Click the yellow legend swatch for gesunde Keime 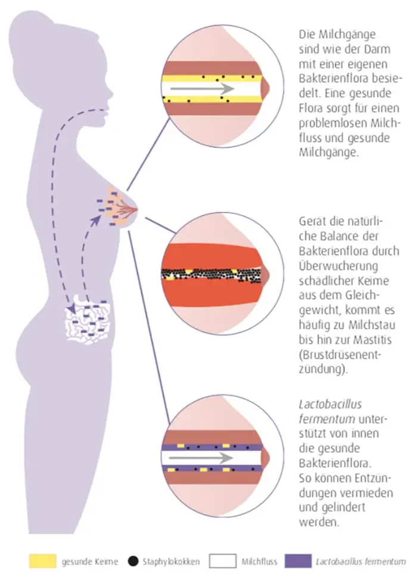(x=42, y=560)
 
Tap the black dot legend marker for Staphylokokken (x=133, y=560)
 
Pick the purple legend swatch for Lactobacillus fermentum (x=299, y=560)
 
